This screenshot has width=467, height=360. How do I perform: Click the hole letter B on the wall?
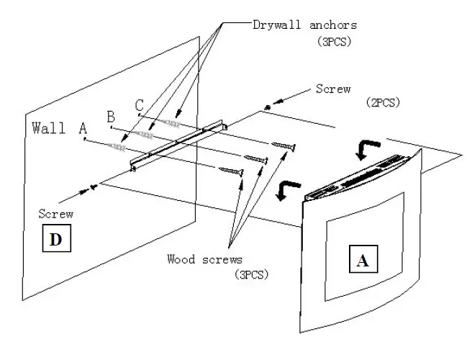pos(111,117)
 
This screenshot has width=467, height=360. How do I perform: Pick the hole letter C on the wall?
pos(139,105)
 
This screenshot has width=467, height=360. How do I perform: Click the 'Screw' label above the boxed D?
pos(58,214)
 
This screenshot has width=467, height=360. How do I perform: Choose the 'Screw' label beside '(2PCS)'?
pos(333,89)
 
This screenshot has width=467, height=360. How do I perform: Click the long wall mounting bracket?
pos(178,146)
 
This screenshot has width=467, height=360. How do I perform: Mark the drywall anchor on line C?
pos(166,123)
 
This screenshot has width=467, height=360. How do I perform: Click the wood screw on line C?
pos(282,148)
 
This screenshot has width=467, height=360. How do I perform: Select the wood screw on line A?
pos(232,171)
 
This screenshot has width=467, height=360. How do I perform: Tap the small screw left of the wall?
pos(92,189)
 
